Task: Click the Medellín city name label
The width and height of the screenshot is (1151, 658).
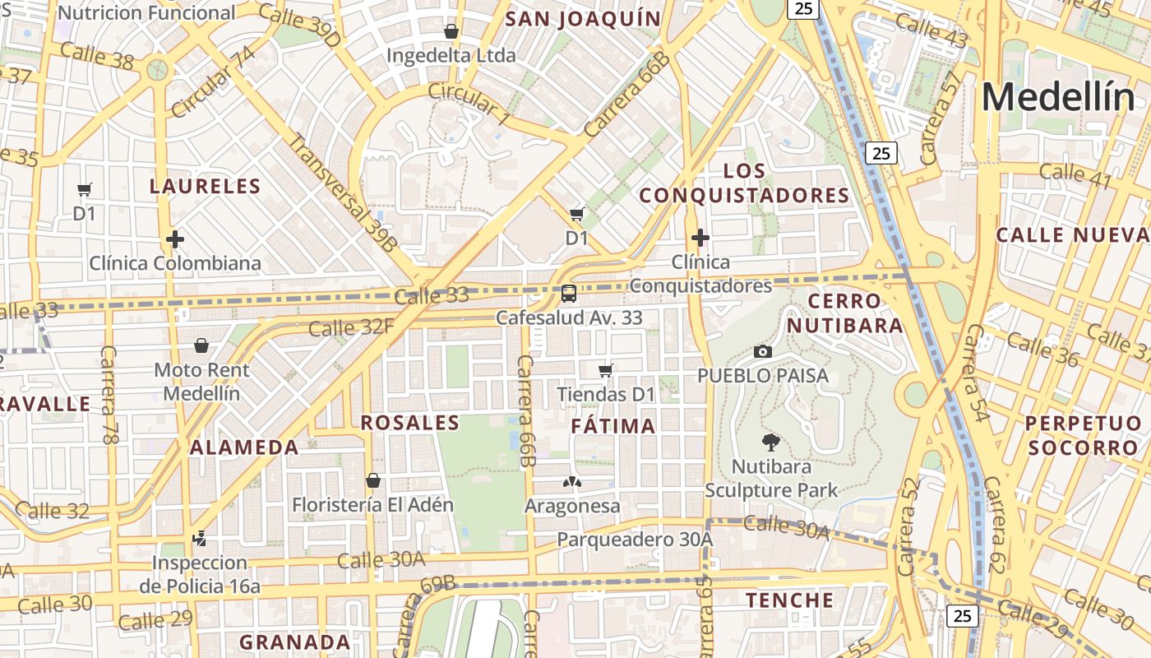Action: pos(1057,98)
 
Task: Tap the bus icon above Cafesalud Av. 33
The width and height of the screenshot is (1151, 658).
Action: pos(568,293)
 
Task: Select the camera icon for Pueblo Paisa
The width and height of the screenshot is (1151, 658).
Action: pos(762,352)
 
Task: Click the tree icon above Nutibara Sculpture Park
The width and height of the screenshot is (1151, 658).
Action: pos(770,443)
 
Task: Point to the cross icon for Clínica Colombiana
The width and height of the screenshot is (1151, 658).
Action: pos(174,239)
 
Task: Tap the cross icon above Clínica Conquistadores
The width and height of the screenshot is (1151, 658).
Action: pos(700,238)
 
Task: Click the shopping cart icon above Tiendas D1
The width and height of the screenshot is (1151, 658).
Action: pos(606,370)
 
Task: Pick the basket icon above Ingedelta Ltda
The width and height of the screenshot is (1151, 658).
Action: pos(451,31)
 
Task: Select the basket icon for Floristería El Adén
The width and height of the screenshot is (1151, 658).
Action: pos(373,480)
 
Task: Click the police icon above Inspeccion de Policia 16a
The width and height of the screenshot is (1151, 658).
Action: pos(198,539)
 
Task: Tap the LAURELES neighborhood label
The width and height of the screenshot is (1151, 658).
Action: pos(205,186)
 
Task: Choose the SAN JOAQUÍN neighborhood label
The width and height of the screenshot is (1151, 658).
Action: pos(583,19)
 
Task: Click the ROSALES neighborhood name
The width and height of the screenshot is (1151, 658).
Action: pos(409,423)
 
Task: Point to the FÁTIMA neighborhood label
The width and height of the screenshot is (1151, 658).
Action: pos(613,426)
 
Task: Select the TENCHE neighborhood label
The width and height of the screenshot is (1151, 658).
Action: pos(789,600)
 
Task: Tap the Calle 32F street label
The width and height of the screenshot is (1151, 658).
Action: pos(351,327)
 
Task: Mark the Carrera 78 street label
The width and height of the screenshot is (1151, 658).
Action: pos(109,395)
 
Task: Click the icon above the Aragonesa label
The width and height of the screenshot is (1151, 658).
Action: pos(571,481)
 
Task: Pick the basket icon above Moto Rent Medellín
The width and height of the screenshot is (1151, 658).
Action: pos(201,345)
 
